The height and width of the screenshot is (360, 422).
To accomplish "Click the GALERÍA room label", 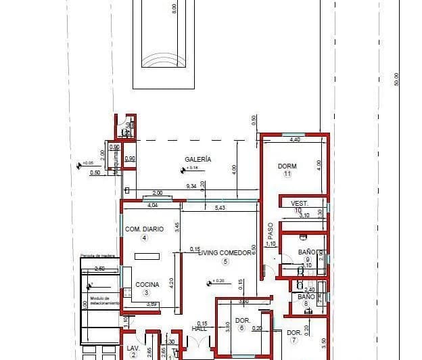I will point(198,159).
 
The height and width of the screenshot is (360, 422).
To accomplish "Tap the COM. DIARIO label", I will point(144,229).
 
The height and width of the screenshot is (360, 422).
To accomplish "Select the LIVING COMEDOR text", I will point(225,253).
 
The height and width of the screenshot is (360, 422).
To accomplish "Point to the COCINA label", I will point(147,285).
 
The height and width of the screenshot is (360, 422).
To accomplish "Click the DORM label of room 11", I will point(287,166).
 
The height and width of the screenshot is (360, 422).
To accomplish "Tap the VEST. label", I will point(299,203).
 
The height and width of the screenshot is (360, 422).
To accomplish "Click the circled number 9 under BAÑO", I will point(307,259).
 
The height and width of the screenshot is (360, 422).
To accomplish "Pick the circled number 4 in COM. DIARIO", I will point(144,238).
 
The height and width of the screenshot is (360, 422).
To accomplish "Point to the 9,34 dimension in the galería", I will point(191,186).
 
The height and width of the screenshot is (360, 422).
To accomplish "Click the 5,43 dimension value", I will point(220,207).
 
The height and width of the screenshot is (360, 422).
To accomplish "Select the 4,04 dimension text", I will point(152,204).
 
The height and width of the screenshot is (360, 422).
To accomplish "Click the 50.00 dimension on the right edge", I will point(398,79).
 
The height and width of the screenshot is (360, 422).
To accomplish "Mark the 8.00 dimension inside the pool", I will point(174,9).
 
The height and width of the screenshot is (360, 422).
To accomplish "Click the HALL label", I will point(199,328).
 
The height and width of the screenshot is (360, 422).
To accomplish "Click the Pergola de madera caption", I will point(97,256).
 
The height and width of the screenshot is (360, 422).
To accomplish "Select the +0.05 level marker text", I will point(88,163).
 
